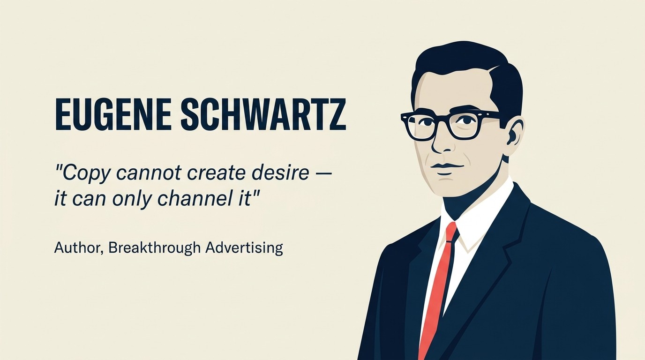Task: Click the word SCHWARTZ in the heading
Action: click(x=263, y=114)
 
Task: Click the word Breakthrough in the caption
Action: click(x=154, y=247)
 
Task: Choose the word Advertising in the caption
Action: click(x=244, y=247)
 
